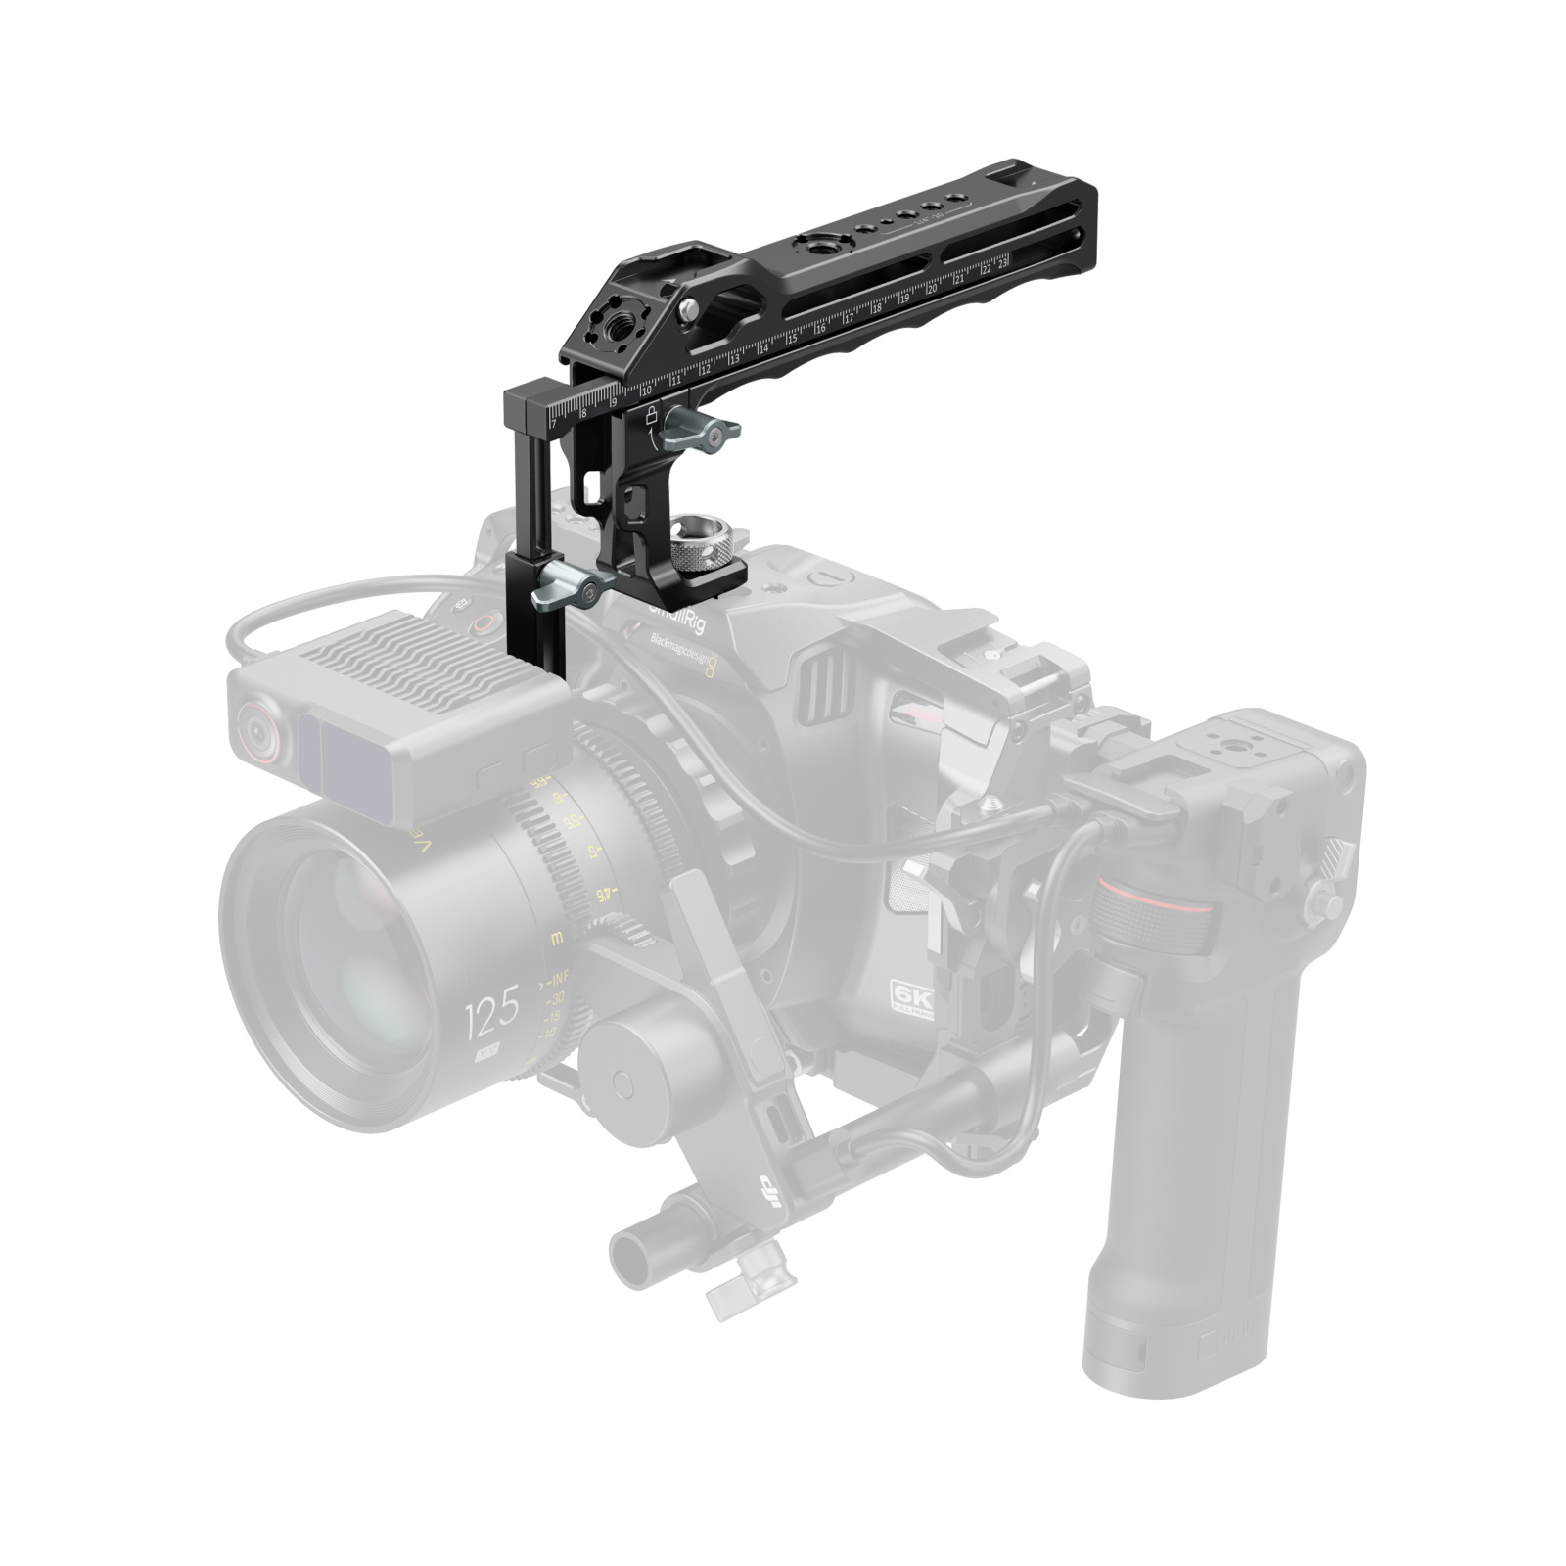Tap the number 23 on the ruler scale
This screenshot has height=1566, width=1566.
point(1003,260)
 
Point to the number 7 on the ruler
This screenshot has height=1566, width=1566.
point(553,423)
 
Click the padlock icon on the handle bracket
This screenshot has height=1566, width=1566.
point(650,415)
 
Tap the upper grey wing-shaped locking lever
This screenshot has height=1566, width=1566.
point(699,431)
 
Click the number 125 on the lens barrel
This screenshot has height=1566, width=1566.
point(492,1017)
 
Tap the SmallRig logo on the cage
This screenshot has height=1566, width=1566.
point(675,617)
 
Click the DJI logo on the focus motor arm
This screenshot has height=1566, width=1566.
point(772,1193)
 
